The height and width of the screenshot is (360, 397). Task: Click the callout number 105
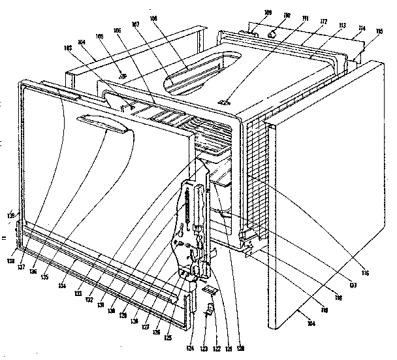pyautogui.click(x=100, y=37)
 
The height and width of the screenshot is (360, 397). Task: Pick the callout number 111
pyautogui.click(x=303, y=20)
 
